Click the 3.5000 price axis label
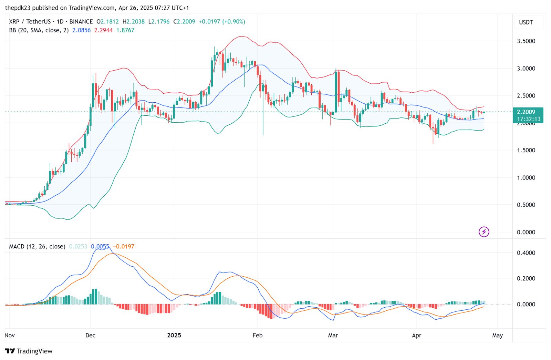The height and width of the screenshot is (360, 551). click(526, 41)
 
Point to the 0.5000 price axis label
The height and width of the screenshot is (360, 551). click(526, 205)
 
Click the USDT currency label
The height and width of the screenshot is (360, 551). click(526, 22)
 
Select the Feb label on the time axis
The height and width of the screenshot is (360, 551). click(257, 335)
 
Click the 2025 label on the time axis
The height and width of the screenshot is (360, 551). click(174, 335)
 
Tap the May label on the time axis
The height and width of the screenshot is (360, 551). click(497, 335)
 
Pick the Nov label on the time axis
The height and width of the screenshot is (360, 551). click(10, 335)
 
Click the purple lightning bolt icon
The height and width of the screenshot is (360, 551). click(484, 232)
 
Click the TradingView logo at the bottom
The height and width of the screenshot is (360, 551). click(29, 351)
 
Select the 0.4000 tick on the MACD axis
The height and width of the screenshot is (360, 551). click(526, 253)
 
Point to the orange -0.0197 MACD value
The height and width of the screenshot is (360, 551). click(124, 247)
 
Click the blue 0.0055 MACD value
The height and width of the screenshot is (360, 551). click(100, 247)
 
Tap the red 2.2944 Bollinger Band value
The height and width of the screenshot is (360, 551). click(103, 30)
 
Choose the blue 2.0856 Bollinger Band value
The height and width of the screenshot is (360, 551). click(81, 30)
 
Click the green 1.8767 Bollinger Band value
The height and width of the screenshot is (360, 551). click(125, 30)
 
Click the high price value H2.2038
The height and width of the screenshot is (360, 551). click(134, 22)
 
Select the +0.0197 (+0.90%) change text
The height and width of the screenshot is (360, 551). click(222, 22)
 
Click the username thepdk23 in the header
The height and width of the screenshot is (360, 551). click(18, 8)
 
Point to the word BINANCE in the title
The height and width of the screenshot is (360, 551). click(81, 22)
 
